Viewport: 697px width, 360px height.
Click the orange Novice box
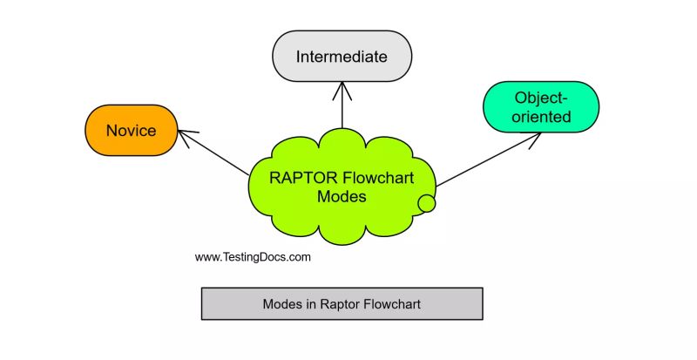coord(131,132)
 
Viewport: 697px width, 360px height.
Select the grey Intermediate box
coord(342,57)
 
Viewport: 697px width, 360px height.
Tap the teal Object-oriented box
coord(540,106)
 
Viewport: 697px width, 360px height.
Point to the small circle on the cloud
coord(426,204)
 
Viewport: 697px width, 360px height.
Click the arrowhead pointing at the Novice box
coord(186,133)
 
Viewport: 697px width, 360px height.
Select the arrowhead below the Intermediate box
coord(342,88)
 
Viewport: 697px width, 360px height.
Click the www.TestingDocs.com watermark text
coord(253,257)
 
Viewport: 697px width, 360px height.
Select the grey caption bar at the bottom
coord(342,304)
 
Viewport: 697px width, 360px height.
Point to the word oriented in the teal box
coord(541,116)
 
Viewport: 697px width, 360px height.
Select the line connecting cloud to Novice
coord(218,153)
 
